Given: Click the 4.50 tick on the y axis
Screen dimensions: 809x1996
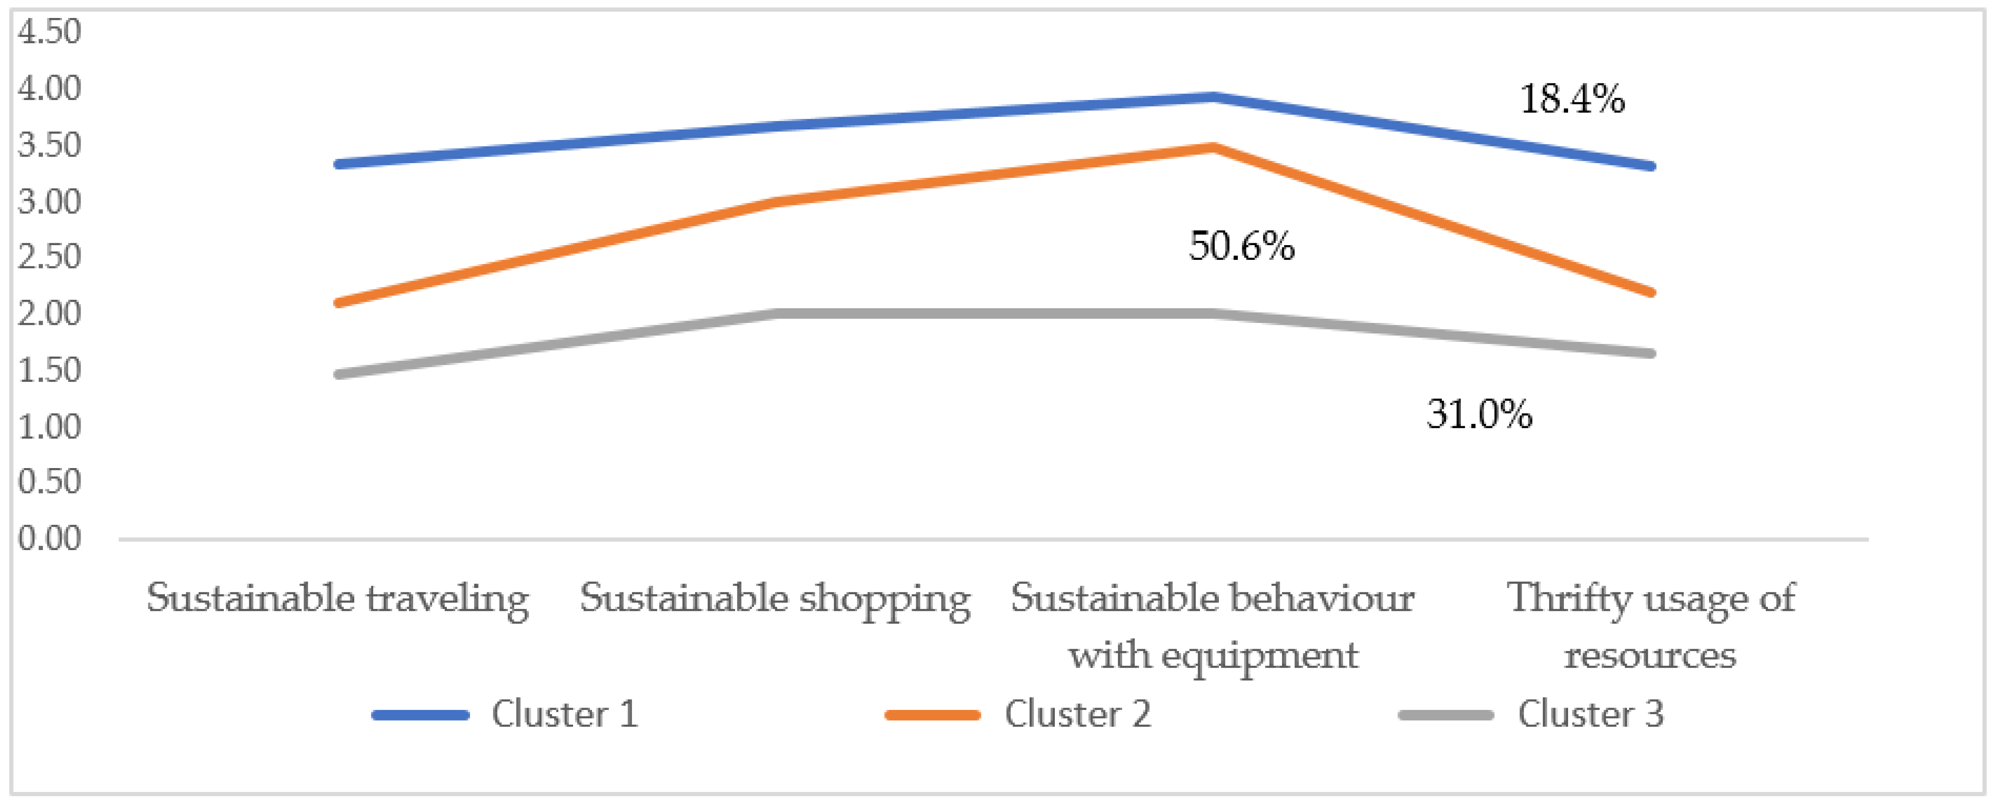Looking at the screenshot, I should point(49,32).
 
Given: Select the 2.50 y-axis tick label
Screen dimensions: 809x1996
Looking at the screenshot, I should point(49,257).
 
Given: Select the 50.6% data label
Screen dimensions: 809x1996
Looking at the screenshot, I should point(1241,246).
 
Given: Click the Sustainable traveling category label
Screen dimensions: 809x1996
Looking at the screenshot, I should point(338,599).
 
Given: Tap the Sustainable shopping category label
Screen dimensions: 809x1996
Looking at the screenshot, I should point(775,599).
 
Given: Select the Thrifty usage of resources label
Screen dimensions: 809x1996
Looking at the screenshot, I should point(1651,626).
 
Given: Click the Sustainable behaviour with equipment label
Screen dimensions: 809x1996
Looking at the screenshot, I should point(1212,626).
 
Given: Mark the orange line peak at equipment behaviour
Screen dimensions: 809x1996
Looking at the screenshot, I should point(1212,147).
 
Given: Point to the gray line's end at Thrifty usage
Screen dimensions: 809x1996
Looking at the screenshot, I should point(1651,353).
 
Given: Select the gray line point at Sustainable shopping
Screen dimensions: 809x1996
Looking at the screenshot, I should point(777,313).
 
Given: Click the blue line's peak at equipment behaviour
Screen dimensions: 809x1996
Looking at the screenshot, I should point(1212,97).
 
